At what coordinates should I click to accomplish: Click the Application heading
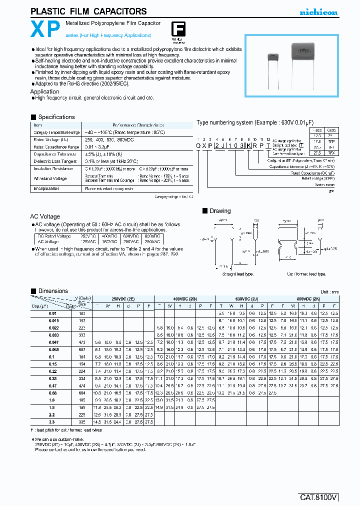[x=45, y=91]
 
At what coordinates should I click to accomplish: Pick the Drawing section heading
[x=219, y=211]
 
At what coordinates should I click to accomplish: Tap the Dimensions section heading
[x=52, y=291]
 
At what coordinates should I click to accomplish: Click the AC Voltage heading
[x=45, y=216]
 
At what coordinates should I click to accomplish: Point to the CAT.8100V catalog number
[x=319, y=497]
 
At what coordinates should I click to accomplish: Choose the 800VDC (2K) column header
[x=308, y=297]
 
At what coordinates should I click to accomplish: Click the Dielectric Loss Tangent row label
[x=55, y=161]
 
